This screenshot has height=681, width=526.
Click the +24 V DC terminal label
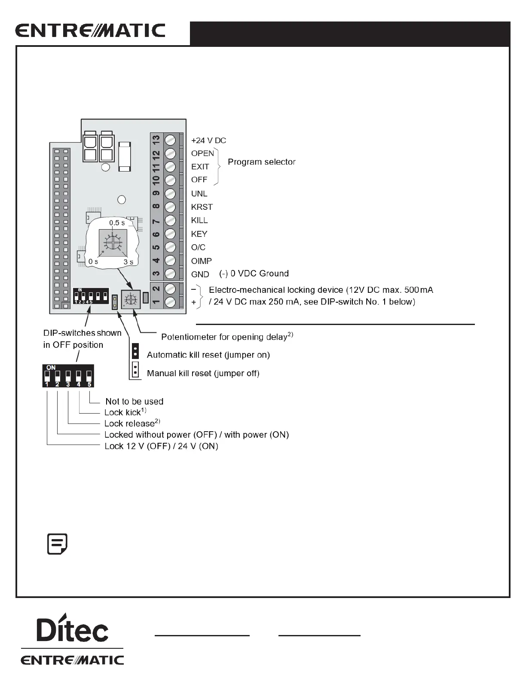coord(208,141)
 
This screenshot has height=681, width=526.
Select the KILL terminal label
coord(199,221)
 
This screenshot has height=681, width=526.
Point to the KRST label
coord(202,207)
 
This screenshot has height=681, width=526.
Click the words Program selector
coord(261,162)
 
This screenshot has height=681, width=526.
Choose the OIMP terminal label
coord(201,261)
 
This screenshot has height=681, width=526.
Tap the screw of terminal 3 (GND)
coord(171,274)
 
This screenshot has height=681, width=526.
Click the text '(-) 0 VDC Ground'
coord(254,274)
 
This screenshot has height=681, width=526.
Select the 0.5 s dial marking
coord(117,223)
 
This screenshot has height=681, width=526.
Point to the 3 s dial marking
coord(128,262)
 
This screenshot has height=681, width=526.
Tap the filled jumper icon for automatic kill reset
coord(135,351)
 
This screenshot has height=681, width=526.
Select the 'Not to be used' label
coord(134,402)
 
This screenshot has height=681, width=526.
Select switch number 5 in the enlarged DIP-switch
coord(89,376)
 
